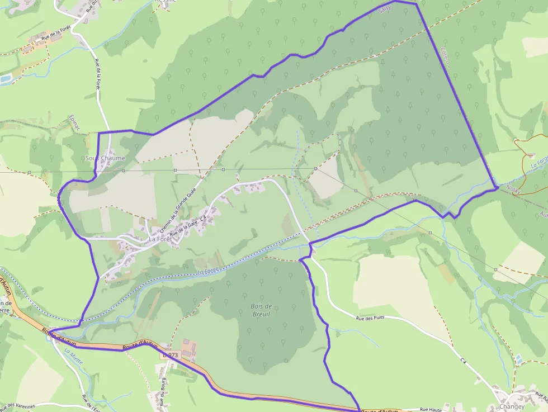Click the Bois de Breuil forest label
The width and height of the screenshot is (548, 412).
[x=261, y=310]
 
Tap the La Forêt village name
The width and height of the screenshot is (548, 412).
[x=159, y=239]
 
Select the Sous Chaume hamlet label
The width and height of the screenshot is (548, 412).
[x=105, y=158]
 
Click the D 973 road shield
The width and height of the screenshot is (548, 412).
[x=170, y=355]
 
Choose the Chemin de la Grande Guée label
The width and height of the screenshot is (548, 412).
[x=181, y=204]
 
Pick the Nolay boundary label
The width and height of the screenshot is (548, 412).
[x=513, y=189]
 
